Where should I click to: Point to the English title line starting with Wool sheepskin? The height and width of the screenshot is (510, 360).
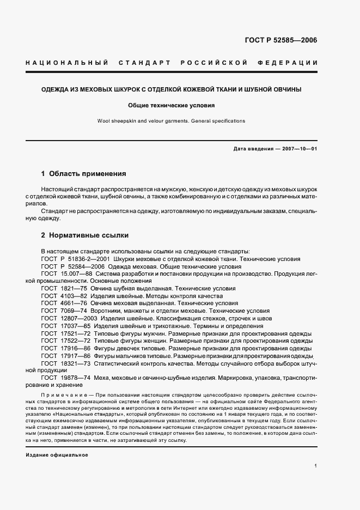(172, 121)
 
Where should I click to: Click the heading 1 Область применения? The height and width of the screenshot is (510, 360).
(83, 174)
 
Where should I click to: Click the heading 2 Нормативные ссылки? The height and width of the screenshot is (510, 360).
(85, 235)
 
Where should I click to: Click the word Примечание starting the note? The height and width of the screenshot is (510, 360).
(60, 393)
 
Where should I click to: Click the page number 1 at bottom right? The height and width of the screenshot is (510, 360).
(315, 466)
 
